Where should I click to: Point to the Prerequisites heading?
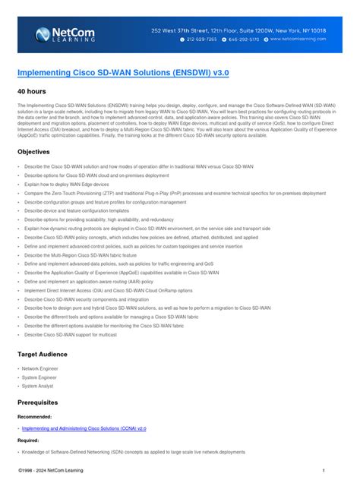coord(42,403)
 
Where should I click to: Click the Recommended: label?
coord(35,417)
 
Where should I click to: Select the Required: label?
coord(29,440)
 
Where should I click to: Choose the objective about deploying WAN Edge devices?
coord(67,185)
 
